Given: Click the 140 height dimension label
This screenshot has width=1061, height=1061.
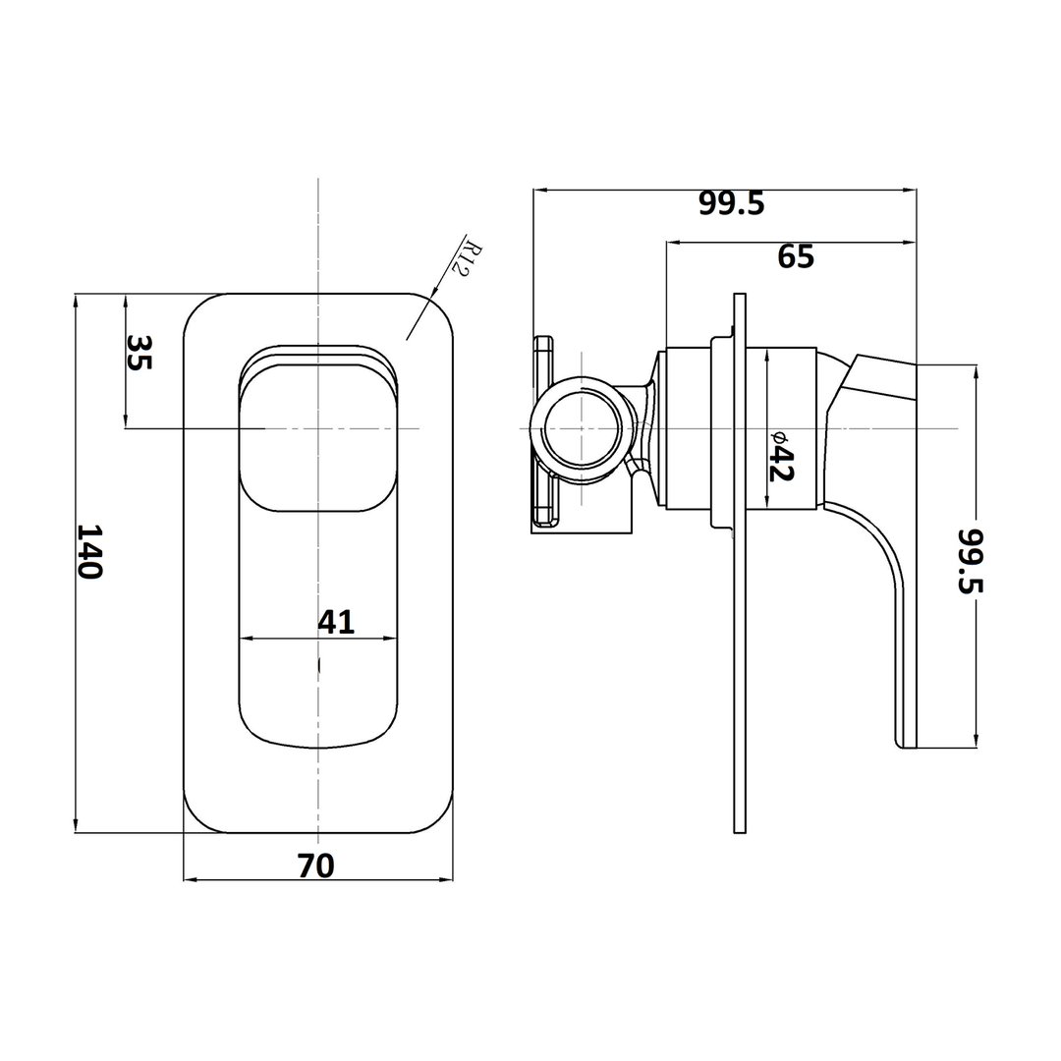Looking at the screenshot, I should [89, 551].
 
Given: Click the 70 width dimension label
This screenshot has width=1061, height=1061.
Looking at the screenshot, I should [316, 866].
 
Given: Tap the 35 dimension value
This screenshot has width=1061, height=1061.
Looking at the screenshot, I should [140, 353].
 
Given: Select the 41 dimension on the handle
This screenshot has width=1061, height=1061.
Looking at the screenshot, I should [336, 621].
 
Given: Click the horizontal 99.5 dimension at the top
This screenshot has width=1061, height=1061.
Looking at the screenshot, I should [731, 203].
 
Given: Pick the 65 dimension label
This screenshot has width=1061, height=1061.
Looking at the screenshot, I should [796, 256].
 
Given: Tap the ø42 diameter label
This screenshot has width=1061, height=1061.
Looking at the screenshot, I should [780, 455].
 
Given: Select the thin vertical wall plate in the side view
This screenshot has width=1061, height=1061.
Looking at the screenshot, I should [740, 589].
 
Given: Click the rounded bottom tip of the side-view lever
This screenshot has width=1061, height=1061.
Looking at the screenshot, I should [905, 743].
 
